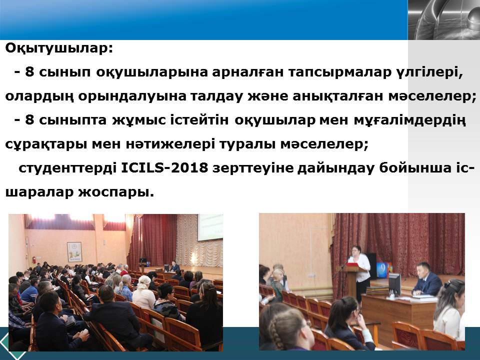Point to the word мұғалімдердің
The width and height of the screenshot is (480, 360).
(409, 120)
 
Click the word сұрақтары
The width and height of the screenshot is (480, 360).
(46, 144)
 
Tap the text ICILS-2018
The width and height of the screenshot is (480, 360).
(164, 168)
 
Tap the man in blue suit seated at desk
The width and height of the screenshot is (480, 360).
(427, 279)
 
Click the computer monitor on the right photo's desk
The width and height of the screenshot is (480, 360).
(394, 284)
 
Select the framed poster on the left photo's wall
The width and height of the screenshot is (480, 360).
(74, 252)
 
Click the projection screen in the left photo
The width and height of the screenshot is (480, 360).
(210, 227)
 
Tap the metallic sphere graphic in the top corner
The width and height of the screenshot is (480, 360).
(444, 20)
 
